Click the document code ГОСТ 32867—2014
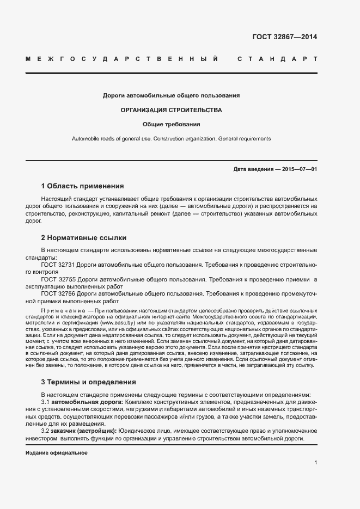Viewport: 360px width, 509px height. [284, 37]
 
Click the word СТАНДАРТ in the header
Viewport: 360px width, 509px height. [277, 58]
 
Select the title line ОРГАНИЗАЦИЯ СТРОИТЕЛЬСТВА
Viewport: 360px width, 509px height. [172, 110]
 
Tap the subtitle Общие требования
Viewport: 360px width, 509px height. [172, 124]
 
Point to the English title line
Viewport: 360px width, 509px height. [172, 139]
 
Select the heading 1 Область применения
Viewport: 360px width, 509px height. [82, 186]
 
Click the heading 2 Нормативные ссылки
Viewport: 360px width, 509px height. [84, 238]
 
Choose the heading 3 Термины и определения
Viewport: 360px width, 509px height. [88, 382]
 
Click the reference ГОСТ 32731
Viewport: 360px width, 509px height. [58, 265]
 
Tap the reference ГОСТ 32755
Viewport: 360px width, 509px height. [58, 279]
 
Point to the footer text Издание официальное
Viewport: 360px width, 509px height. [57, 453]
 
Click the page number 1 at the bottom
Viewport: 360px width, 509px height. [315, 463]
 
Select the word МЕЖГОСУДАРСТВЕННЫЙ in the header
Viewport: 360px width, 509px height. [123, 58]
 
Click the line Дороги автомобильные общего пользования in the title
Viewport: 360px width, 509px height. [172, 96]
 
